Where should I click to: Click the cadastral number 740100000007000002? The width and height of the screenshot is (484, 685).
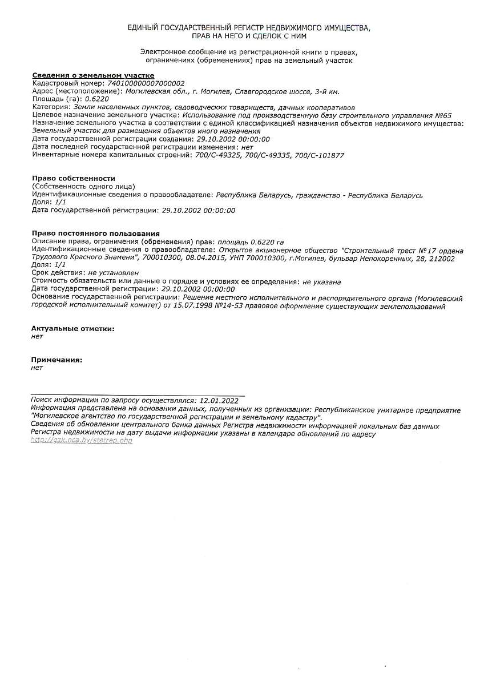coord(147,83)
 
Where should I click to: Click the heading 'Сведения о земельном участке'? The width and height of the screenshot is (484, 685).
coord(93,75)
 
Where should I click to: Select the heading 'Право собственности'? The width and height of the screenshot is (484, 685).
coord(74,179)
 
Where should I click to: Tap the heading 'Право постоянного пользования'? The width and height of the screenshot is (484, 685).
coord(96,233)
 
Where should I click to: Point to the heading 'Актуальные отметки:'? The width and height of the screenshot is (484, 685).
coord(73,328)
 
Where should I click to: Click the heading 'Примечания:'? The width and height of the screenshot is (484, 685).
coord(57,360)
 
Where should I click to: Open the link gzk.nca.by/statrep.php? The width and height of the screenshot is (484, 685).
coord(82,441)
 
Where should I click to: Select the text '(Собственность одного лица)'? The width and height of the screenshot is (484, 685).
coord(83,187)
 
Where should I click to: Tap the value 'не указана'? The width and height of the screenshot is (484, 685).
coord(322,282)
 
